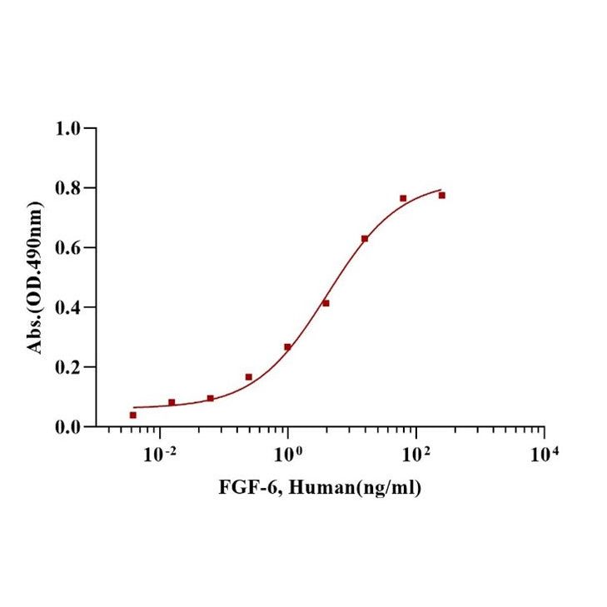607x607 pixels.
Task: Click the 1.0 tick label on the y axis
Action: pos(69,128)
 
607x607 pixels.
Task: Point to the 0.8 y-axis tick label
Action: pos(69,188)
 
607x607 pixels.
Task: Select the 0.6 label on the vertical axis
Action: pos(69,248)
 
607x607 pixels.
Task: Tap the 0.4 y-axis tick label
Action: pos(69,307)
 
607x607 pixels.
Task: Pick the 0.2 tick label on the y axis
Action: pos(69,367)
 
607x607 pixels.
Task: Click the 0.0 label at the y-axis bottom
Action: pos(69,427)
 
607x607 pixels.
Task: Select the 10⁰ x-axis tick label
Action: pos(289,454)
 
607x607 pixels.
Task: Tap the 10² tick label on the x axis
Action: pos(416,454)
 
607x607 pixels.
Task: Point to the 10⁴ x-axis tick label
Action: pos(545,454)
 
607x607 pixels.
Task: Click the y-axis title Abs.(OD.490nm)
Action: pos(37,277)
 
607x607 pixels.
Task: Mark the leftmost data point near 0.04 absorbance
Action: pos(133,415)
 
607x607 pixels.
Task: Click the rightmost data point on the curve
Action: pos(442,195)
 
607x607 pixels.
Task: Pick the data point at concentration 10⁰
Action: pos(287,346)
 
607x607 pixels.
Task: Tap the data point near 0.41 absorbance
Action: pos(326,303)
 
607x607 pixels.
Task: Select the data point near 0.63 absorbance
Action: pos(365,239)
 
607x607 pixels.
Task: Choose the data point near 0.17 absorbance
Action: pos(249,377)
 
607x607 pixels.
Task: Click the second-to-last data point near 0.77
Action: pos(403,198)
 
